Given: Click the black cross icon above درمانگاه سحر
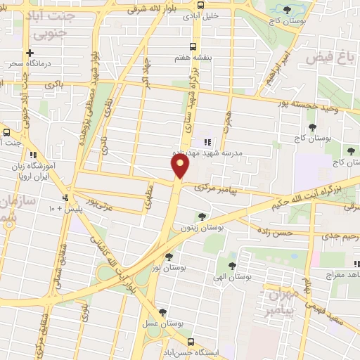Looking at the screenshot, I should [x=30, y=53].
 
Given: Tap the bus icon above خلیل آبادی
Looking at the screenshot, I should [x=201, y=4].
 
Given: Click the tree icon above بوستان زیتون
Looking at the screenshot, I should [x=202, y=216].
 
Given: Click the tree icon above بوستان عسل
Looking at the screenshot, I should [x=163, y=311].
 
